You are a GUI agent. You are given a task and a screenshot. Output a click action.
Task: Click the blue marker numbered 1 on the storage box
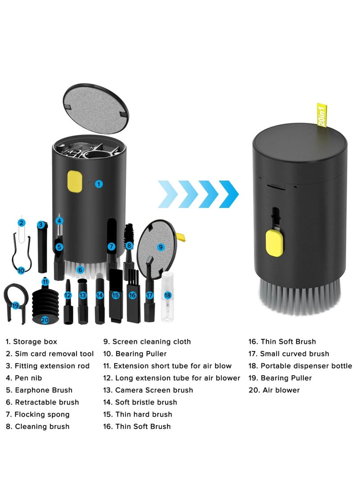[x=99, y=184]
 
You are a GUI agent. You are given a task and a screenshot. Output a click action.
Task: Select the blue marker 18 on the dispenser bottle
[x=167, y=295]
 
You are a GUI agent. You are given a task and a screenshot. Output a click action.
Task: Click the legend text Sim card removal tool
[x=49, y=354]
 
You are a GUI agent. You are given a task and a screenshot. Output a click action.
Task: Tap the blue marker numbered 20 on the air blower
[x=45, y=320]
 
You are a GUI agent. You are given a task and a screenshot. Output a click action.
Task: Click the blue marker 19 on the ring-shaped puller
[x=16, y=305]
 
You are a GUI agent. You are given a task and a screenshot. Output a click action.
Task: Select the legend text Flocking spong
[x=37, y=414]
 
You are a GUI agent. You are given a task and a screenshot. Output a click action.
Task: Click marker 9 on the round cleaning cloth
[x=160, y=247]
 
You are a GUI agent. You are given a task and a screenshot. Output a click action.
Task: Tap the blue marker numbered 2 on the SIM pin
[x=21, y=223]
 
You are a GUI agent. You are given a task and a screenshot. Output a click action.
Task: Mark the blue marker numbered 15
[x=116, y=295]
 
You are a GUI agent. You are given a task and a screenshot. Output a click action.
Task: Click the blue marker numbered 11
[x=45, y=282]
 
